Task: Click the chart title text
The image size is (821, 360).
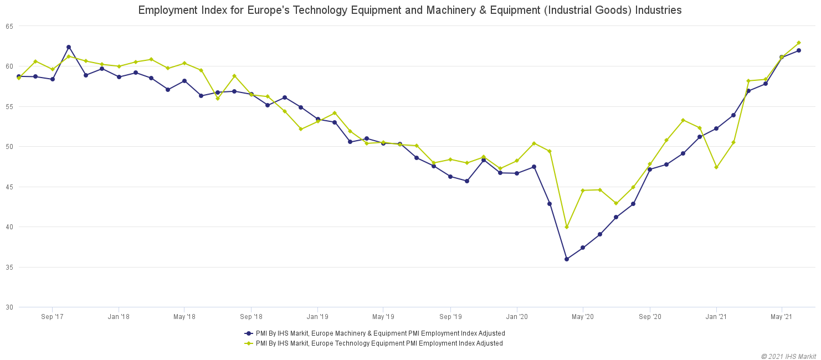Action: (410, 10)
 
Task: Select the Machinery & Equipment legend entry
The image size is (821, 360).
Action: (374, 333)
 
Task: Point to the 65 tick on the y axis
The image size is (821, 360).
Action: (9, 26)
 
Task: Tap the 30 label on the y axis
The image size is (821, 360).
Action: (9, 307)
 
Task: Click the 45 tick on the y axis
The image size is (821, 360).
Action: (9, 187)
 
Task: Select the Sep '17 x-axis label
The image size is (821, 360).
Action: (52, 317)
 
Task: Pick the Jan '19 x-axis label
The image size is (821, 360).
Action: (317, 317)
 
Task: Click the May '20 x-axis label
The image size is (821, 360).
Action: (583, 317)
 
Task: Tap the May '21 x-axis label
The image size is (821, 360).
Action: (781, 317)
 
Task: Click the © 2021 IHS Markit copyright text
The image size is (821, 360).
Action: (788, 356)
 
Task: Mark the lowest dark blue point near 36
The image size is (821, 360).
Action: (566, 259)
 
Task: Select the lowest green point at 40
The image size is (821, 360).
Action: (566, 227)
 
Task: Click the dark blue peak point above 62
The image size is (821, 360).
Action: (69, 47)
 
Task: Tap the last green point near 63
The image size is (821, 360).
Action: (798, 43)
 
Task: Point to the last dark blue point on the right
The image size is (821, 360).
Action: (798, 50)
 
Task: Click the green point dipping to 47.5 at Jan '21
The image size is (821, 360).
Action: (716, 167)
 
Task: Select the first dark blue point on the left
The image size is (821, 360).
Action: (19, 76)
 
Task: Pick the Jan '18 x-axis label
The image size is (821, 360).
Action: (119, 317)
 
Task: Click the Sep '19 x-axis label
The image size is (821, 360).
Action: (450, 317)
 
